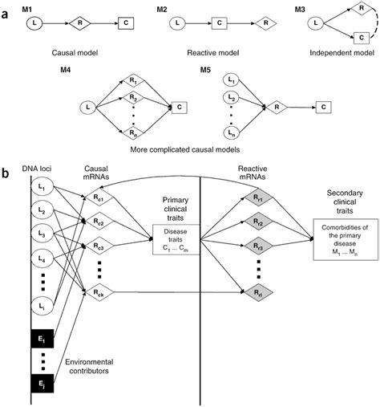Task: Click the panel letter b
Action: pos(7,172)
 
